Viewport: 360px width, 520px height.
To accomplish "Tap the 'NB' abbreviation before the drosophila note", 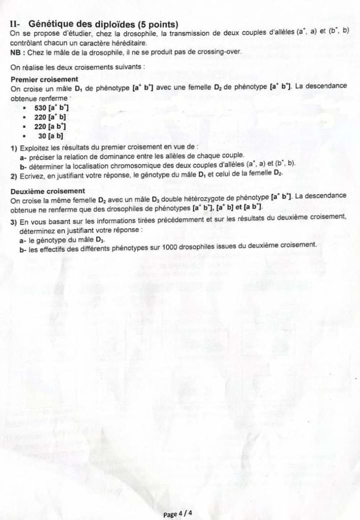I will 15,52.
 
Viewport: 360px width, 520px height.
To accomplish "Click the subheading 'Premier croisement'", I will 44,79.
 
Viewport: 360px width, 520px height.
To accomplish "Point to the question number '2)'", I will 14,174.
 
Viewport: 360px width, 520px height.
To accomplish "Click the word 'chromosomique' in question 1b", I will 125,164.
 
